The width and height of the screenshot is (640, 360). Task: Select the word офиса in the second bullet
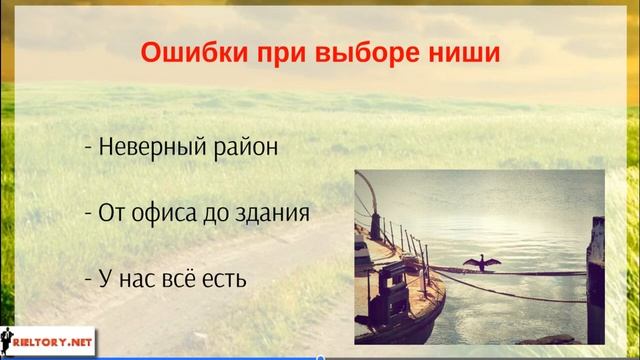[164, 212]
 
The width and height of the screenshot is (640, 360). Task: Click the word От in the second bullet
[109, 212]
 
